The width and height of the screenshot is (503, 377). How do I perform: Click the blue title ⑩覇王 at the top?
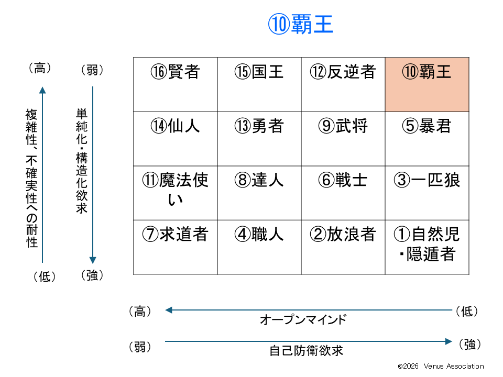coord(301,25)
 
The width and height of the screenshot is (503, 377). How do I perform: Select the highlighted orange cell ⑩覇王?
coord(427,85)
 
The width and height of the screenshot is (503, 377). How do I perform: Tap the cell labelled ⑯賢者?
coord(176,85)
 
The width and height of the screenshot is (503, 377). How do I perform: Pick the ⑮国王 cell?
coord(259,85)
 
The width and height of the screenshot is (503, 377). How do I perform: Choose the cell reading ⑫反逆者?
coord(343,85)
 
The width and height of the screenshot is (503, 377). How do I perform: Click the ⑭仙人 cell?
coord(176,139)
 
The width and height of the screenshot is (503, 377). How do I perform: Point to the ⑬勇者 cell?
coord(259,139)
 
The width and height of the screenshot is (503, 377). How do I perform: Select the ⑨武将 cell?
coord(343,139)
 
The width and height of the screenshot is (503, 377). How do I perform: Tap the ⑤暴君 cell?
coord(427,139)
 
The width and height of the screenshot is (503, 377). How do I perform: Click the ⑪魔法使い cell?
coord(176,193)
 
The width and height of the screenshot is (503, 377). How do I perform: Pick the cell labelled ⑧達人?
coord(259,193)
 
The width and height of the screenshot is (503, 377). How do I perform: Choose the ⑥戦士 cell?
coord(343,193)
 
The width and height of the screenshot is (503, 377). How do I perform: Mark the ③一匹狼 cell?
coord(427,193)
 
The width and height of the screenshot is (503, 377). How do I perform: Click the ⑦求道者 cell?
coord(176,247)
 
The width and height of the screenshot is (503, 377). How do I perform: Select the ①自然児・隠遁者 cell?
coord(427,247)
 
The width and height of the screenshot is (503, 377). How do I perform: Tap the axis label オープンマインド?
coord(303,319)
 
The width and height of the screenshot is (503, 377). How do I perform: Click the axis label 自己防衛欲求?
coord(307,351)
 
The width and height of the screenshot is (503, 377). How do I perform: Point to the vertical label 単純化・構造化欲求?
coord(82,161)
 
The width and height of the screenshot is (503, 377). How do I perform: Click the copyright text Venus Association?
coord(454,366)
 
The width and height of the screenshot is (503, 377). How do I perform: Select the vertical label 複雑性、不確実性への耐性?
coord(32,178)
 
